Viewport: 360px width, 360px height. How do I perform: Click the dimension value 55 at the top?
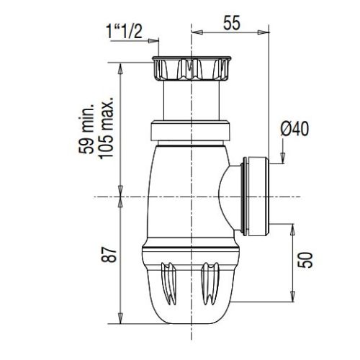coord(231,22)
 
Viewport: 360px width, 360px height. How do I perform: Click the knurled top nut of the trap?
coord(190,68)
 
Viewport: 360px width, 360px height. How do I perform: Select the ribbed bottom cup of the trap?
coord(190,284)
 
